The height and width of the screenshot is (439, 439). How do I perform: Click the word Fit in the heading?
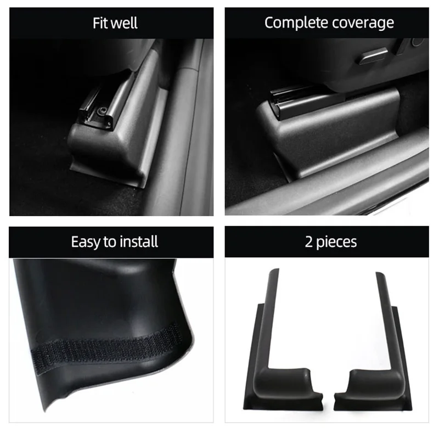point(100,23)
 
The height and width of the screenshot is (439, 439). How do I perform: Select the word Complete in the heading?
point(294,22)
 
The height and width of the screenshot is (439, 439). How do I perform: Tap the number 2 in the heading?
point(309,242)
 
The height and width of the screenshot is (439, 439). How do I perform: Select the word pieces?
point(336,243)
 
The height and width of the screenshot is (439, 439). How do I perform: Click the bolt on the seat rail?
point(101,112)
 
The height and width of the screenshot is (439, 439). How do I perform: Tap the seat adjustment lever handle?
point(373,55)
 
